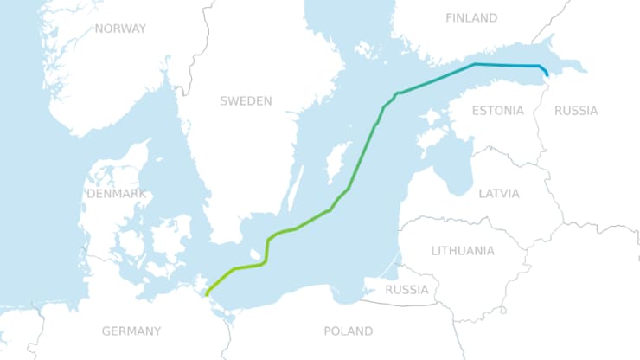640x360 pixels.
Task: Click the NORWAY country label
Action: [120, 29]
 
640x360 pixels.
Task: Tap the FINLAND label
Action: [471, 18]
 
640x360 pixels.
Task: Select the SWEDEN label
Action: [246, 101]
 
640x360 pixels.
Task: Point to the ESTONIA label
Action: [497, 111]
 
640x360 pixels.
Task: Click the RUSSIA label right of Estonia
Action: [576, 111]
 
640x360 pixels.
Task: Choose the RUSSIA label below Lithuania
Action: [406, 289]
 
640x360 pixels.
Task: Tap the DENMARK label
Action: [117, 194]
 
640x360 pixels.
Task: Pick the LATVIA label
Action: [499, 194]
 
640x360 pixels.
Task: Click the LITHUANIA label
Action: [463, 251]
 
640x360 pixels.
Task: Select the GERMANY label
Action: [131, 331]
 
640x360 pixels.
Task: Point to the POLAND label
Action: [348, 331]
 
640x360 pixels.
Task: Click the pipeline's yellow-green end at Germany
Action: [207, 295]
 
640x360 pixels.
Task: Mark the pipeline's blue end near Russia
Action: [547, 76]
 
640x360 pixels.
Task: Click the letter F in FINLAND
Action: [449, 18]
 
